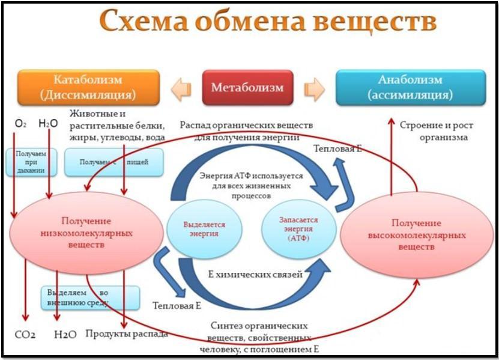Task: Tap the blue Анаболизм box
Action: click(x=411, y=88)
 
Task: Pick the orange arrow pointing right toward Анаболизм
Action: click(x=314, y=89)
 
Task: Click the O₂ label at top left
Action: click(x=20, y=124)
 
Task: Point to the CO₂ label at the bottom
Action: click(x=25, y=334)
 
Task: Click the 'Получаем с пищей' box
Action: click(x=113, y=162)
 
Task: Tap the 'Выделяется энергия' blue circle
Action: click(x=204, y=229)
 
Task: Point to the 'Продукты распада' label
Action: click(x=126, y=334)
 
